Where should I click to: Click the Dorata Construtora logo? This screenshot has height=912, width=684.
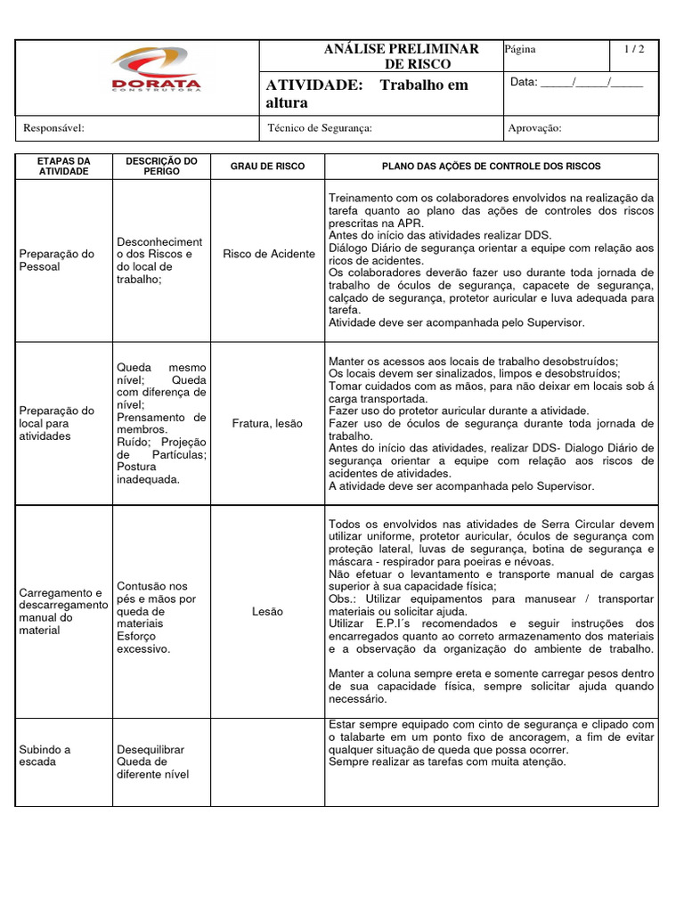156,71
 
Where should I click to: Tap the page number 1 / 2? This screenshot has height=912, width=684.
634,50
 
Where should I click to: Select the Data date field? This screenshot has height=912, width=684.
576,83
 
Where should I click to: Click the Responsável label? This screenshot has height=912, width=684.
53,128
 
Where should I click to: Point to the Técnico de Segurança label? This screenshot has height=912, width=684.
319,128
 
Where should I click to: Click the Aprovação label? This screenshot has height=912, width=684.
534,128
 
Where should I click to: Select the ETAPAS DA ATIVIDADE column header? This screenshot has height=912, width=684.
63,166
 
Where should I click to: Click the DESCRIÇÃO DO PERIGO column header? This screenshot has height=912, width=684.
161,166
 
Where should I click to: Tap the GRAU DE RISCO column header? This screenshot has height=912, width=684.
267,167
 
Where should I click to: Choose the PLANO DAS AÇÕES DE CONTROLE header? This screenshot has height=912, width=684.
491,167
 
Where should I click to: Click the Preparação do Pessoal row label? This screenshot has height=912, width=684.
56,260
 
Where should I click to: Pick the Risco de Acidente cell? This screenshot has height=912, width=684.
268,254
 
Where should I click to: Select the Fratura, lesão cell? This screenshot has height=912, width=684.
268,424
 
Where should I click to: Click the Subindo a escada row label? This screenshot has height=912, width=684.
45,755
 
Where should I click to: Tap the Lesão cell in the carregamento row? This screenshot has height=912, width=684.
268,612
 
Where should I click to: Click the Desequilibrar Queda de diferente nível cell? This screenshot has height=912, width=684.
152,761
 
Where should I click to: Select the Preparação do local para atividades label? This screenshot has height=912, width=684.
56,423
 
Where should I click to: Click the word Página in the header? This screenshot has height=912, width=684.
520,50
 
